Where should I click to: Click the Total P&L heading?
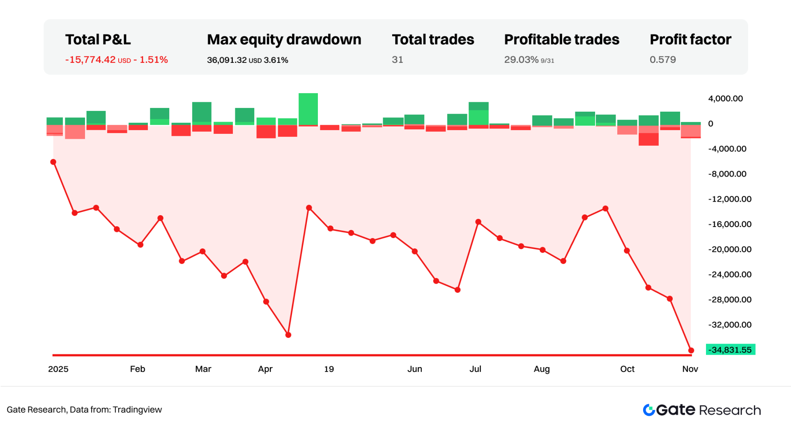tap(98, 39)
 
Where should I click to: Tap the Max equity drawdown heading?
tap(284, 39)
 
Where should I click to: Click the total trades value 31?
tap(397, 60)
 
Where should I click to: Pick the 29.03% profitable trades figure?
tap(521, 60)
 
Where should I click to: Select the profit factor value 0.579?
tap(662, 60)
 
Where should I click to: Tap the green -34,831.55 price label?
tap(731, 350)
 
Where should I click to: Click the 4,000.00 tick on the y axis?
tap(725, 99)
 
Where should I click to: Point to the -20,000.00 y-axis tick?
tap(729, 249)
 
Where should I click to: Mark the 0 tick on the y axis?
tap(711, 124)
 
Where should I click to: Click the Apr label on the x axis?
tap(265, 369)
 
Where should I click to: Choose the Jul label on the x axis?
tap(475, 369)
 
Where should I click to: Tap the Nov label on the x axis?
tap(690, 369)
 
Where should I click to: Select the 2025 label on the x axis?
tap(58, 369)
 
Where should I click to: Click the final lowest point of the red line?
tap(691, 350)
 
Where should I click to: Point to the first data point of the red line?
tap(53, 162)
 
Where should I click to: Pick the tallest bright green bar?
tap(308, 109)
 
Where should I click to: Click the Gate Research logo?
tap(701, 410)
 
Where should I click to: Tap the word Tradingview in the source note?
tap(137, 410)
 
